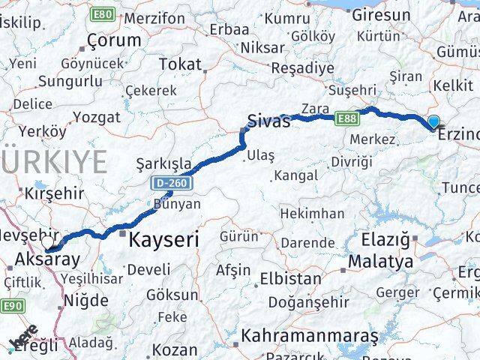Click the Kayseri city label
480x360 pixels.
point(163,240)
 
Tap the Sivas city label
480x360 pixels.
point(268,121)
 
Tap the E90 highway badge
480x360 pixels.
point(12,305)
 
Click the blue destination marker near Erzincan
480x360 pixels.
point(433,121)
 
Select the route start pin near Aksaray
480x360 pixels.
point(49,244)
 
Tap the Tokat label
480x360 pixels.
point(180,64)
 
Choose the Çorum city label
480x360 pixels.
point(113,40)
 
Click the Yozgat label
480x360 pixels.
point(97,117)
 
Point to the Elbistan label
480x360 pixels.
point(289,279)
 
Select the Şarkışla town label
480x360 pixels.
point(163,163)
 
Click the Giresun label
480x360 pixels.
point(382,14)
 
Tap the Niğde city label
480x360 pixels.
point(86,301)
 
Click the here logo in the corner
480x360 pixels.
point(22,340)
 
